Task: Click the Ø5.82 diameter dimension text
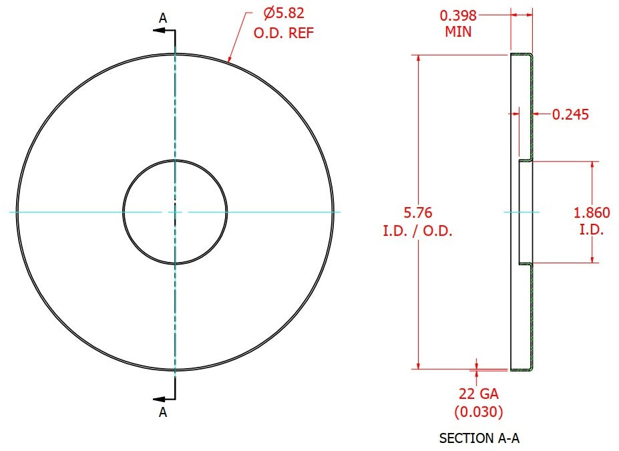pos(284,13)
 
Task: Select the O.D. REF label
pos(283,33)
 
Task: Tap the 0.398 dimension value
pos(458,16)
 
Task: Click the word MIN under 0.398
pos(458,31)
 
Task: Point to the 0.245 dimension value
pos(570,114)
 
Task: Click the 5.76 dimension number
pos(417,212)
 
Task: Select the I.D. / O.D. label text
pos(417,231)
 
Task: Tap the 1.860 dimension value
pos(592,213)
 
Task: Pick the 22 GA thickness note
pos(479,394)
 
